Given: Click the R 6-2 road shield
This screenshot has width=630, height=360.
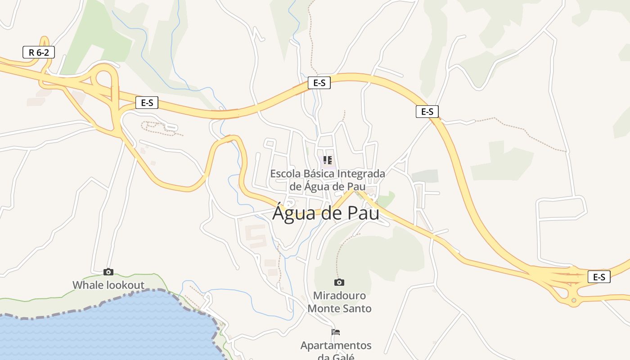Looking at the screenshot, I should pyautogui.click(x=38, y=52).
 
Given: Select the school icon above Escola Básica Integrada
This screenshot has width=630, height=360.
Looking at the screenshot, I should pyautogui.click(x=328, y=160).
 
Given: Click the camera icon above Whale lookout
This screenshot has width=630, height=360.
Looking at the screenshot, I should pyautogui.click(x=108, y=272).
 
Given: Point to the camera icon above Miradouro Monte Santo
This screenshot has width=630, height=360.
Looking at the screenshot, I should pyautogui.click(x=339, y=282).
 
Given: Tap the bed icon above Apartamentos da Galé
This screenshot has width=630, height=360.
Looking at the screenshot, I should pyautogui.click(x=336, y=332).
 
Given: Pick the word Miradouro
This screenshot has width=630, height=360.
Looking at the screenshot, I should pyautogui.click(x=339, y=296).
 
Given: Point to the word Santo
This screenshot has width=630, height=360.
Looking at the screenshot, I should pyautogui.click(x=358, y=309).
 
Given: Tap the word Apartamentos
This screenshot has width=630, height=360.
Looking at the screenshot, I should pyautogui.click(x=336, y=346).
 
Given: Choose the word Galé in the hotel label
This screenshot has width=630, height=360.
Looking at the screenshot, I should pyautogui.click(x=344, y=357).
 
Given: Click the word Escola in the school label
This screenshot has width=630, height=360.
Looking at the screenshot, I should pyautogui.click(x=285, y=174).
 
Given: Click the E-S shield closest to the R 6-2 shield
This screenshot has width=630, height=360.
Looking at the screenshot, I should pyautogui.click(x=147, y=103).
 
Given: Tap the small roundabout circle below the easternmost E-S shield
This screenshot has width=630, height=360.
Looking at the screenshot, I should pyautogui.click(x=573, y=300).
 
